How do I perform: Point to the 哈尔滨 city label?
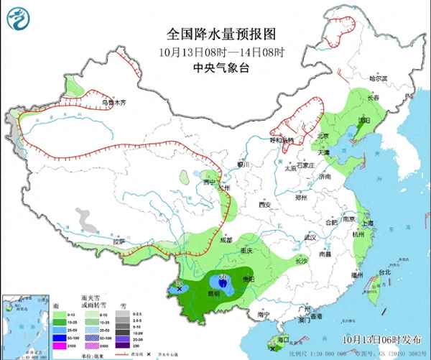click(x=377, y=78)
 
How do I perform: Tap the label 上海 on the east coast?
click(x=368, y=223)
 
